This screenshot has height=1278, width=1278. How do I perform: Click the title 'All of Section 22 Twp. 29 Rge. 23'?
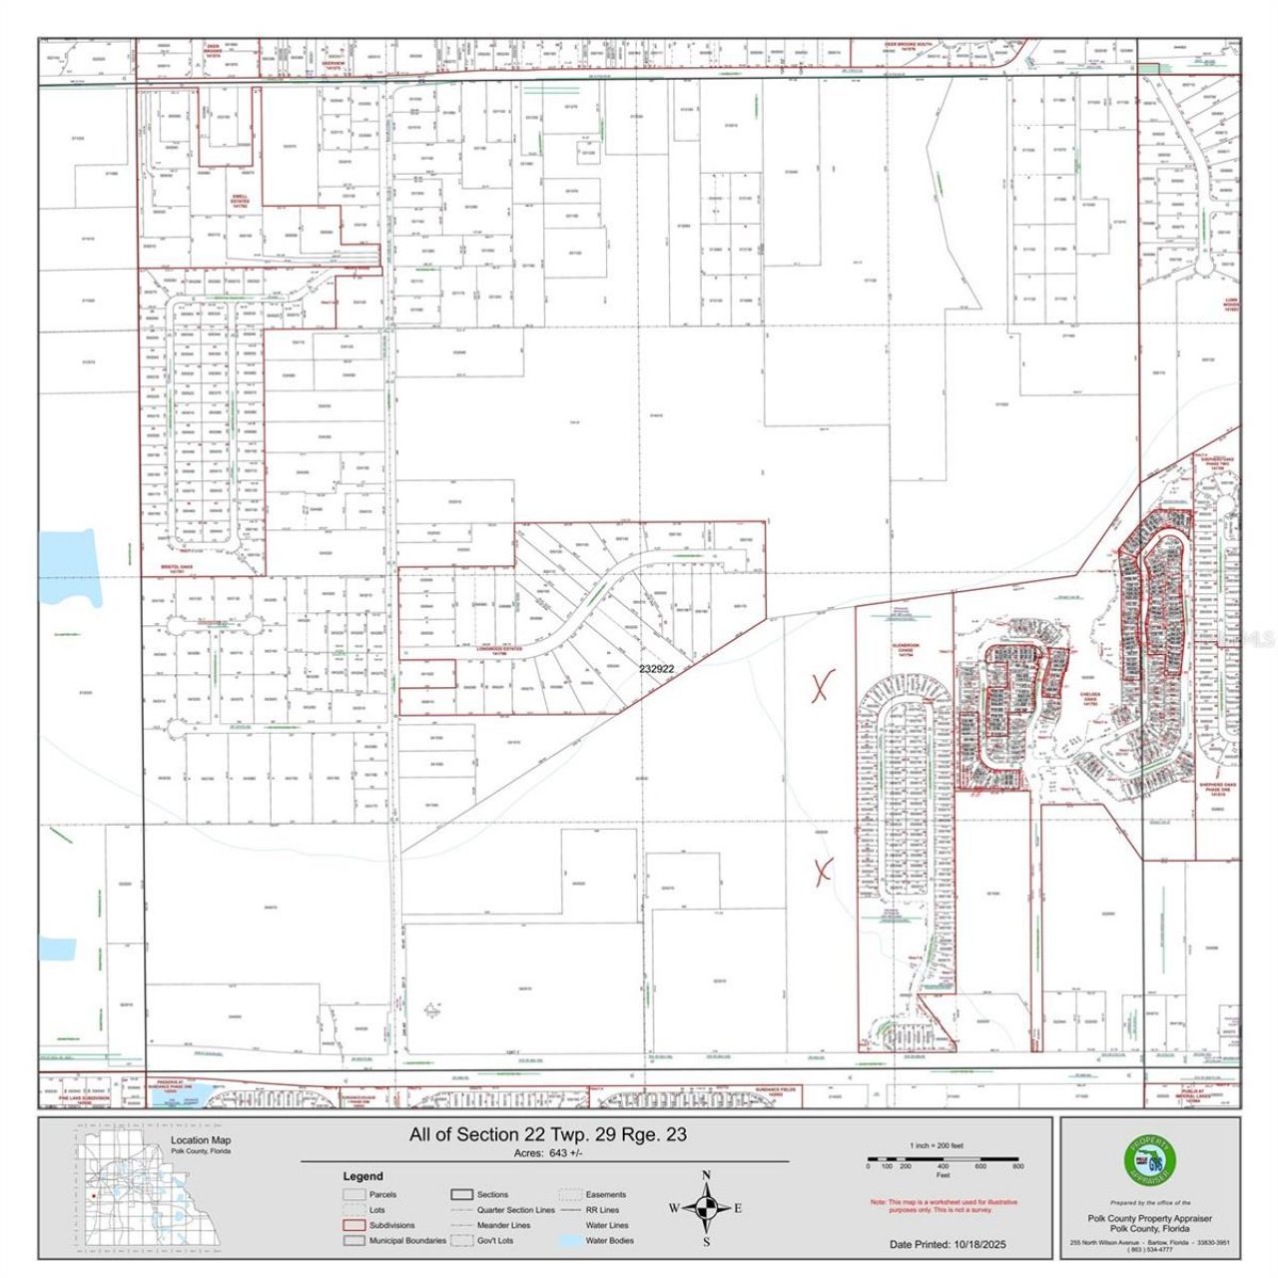tap(547, 1135)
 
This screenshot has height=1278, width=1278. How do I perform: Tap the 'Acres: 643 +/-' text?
tap(547, 1153)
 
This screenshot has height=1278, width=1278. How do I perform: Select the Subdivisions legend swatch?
tap(353, 1225)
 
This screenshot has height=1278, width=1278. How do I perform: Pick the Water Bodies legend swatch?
tap(571, 1241)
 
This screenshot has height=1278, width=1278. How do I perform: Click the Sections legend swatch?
tap(461, 1194)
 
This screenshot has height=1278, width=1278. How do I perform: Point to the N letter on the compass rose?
tap(707, 1175)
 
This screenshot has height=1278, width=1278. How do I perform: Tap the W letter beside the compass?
tap(674, 1209)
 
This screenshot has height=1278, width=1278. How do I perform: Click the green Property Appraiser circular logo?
tap(1151, 1161)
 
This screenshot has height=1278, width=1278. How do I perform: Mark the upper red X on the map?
tap(822, 687)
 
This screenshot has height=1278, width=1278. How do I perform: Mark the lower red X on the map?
tap(823, 871)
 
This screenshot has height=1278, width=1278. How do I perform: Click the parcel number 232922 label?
tap(657, 671)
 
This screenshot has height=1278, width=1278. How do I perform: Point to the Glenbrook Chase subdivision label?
tap(905, 649)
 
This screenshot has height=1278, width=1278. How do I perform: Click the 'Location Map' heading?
tap(200, 1140)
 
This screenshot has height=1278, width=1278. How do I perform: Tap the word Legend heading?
tap(362, 1176)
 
